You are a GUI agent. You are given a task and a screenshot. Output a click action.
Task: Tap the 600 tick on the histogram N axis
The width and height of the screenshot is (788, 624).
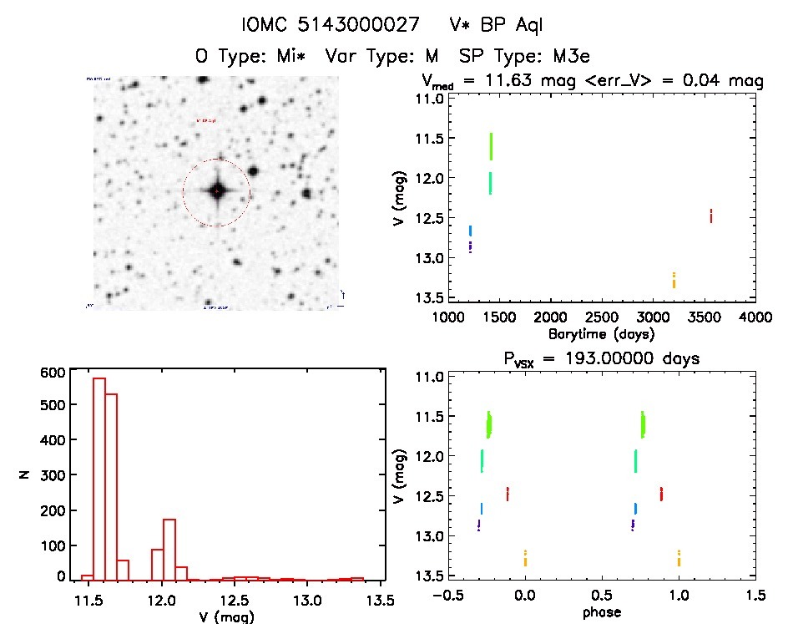(52, 373)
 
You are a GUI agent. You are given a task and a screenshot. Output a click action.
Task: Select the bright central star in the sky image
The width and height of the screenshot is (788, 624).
(217, 191)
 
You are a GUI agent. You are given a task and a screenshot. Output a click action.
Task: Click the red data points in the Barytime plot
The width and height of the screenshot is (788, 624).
(710, 216)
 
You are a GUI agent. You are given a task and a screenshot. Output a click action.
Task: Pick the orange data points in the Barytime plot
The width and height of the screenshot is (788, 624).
(674, 280)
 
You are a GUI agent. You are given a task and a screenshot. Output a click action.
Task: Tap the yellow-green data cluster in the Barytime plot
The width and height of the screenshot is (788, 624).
(491, 146)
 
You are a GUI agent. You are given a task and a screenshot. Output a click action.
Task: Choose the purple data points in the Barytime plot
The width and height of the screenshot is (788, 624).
(470, 246)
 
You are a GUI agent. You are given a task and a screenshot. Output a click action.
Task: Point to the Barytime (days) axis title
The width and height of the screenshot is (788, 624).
(600, 333)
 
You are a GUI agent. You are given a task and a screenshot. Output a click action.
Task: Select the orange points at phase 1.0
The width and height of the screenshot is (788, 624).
(679, 558)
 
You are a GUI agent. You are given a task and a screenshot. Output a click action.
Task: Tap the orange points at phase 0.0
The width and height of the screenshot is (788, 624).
(525, 558)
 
